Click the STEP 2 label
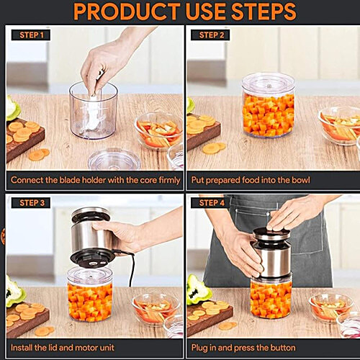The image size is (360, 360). pos(212,35)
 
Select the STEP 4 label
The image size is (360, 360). pos(212,203)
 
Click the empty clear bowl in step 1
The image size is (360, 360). pos(93,112)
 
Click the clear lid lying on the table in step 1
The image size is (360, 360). pos(113,158)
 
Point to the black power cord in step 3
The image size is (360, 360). pos(131,270)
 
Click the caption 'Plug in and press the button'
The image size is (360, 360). pos(253,348)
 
